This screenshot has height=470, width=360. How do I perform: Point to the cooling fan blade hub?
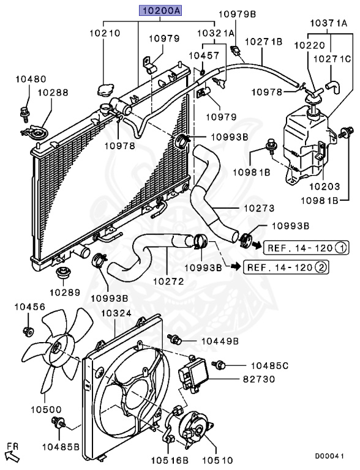(x=56, y=348)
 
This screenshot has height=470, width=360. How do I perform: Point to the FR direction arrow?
(x=12, y=455)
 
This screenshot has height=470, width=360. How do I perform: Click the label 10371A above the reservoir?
(x=328, y=23)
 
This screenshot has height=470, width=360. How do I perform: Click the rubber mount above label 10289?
(x=62, y=272)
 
